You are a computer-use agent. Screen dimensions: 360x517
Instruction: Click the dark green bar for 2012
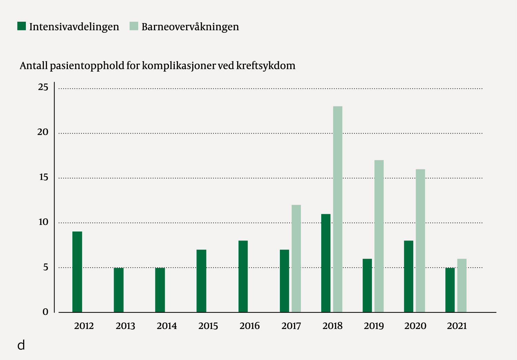77,272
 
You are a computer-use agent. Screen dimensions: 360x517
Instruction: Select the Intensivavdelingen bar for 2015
201,281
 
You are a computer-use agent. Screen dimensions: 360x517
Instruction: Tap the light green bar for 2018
338,209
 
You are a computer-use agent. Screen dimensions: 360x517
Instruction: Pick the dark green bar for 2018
326,263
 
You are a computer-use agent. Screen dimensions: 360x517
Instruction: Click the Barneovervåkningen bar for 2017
296,259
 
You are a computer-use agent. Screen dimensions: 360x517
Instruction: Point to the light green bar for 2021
462,286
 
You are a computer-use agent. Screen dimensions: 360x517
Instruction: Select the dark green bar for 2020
408,276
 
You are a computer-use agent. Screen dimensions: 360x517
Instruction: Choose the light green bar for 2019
379,236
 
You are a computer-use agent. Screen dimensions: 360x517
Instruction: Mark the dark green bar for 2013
119,290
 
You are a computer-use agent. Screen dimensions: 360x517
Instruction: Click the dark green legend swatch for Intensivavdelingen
21,26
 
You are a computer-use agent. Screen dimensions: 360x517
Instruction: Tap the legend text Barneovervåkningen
190,27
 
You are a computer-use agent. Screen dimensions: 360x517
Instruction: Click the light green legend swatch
134,26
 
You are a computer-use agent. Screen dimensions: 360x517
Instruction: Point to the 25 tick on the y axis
43,87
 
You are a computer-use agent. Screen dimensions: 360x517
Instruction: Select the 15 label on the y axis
43,177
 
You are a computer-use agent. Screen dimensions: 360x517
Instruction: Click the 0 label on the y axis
45,312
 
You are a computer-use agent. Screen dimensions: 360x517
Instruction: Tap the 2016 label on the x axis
250,326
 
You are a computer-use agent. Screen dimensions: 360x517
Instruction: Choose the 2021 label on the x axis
457,326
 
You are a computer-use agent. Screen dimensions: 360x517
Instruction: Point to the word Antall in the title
33,65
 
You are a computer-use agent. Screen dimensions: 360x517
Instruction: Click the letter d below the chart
21,345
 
